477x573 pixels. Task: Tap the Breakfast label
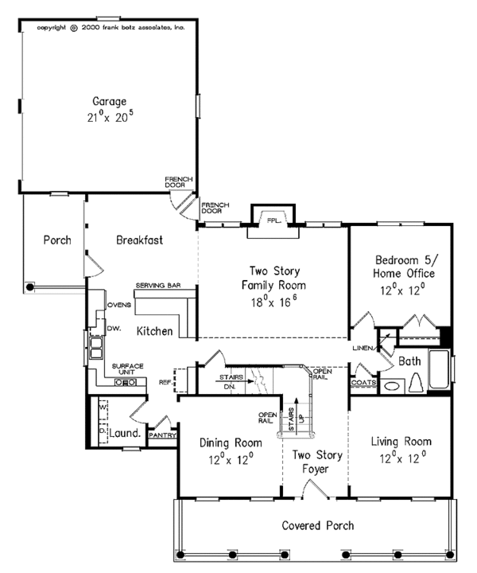(x=139, y=240)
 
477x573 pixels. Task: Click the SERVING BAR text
(x=160, y=285)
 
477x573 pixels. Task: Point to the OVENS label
(x=118, y=304)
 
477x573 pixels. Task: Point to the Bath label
(x=409, y=361)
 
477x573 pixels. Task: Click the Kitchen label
(x=153, y=330)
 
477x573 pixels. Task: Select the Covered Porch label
(x=318, y=525)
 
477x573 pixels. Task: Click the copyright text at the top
(x=110, y=27)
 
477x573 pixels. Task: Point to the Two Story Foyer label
(x=310, y=462)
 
